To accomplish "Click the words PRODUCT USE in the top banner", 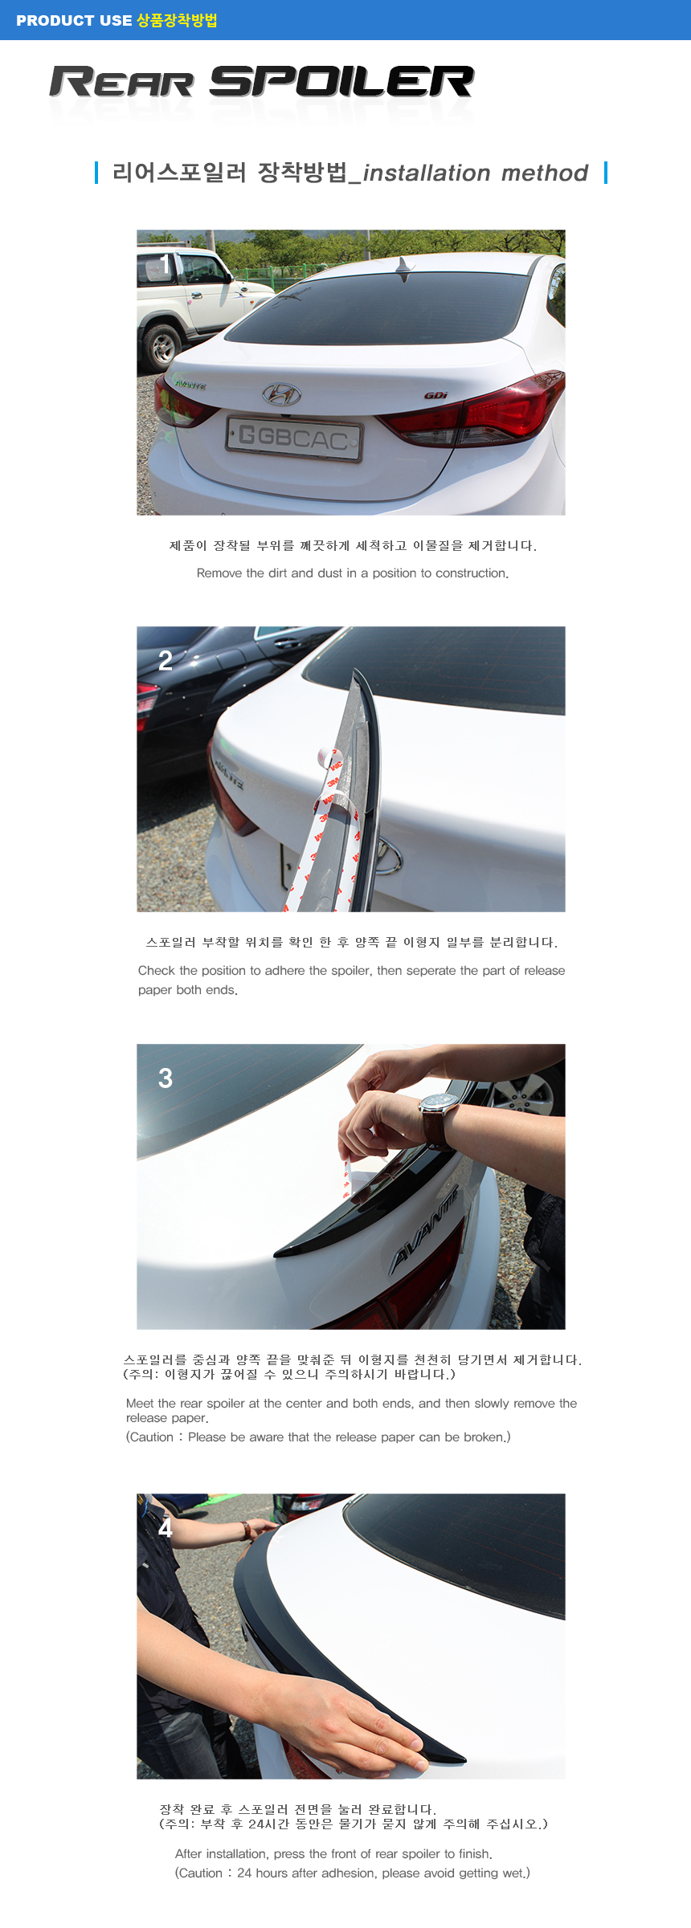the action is (x=74, y=21).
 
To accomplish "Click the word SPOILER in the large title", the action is (x=341, y=82).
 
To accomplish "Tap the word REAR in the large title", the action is (x=121, y=82).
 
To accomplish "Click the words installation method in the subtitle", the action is (x=476, y=173).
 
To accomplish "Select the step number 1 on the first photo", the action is (x=165, y=264).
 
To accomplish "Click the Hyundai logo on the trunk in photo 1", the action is (x=281, y=393).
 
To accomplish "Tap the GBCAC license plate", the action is (x=294, y=438).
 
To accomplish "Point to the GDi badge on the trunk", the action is (x=436, y=395).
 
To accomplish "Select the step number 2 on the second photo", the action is (x=166, y=660).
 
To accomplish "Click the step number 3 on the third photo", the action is (x=166, y=1078).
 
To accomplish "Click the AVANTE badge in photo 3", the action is (x=424, y=1229).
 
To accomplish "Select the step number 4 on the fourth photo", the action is (x=165, y=1527).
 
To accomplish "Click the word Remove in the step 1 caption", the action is (x=219, y=573).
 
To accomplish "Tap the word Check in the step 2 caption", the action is (x=157, y=970).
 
